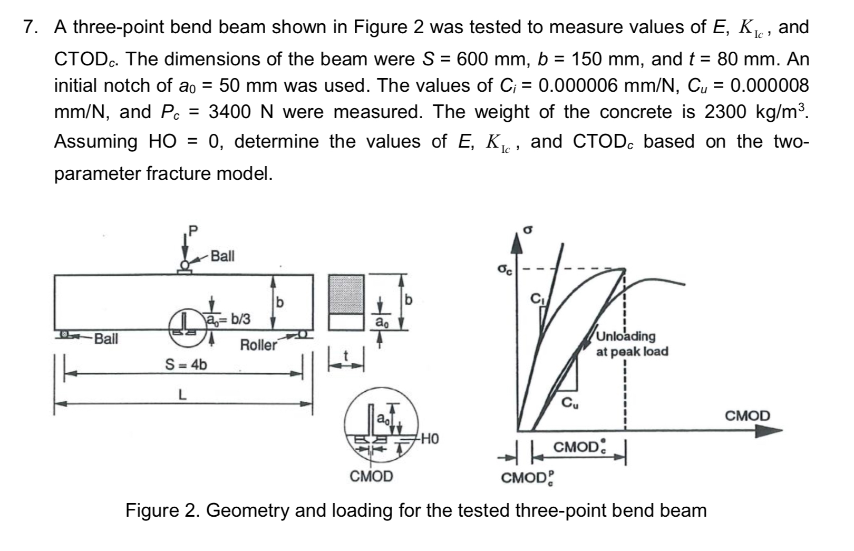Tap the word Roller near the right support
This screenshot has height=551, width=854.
[x=258, y=345]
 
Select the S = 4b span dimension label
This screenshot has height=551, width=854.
[x=186, y=364]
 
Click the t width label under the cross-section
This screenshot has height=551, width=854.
[x=346, y=356]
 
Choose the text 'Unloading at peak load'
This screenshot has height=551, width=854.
[x=632, y=344]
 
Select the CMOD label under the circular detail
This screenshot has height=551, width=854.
[x=371, y=477]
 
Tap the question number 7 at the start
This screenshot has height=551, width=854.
[x=31, y=27]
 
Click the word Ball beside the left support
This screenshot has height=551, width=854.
[x=106, y=339]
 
